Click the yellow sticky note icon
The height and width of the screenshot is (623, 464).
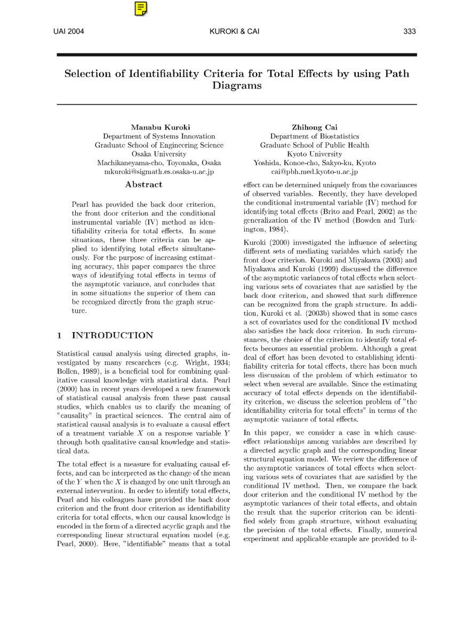click(x=141, y=9)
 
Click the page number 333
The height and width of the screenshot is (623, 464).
click(x=409, y=31)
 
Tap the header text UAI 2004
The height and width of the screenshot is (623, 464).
click(x=69, y=31)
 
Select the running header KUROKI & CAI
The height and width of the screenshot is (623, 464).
click(x=235, y=31)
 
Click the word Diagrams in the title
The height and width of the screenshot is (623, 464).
click(x=237, y=85)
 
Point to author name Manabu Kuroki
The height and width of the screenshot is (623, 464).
click(x=159, y=127)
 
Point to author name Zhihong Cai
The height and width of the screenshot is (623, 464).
click(x=314, y=127)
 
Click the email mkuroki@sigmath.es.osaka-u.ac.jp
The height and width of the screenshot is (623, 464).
click(x=159, y=172)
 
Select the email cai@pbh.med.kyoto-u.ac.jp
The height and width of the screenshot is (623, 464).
click(x=314, y=172)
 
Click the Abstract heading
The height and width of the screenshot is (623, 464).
click(x=143, y=184)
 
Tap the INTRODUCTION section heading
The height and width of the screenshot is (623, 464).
click(x=112, y=335)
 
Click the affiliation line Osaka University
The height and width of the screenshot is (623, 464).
click(x=159, y=154)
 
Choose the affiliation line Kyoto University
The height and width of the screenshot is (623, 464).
click(x=314, y=154)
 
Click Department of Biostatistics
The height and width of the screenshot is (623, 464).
click(x=314, y=136)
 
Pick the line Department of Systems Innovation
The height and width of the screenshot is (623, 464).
click(x=159, y=136)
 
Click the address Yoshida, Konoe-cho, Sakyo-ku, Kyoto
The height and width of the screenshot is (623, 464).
click(x=314, y=163)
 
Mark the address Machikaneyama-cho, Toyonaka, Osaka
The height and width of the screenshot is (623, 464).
click(x=159, y=163)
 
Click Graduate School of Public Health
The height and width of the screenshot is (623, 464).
click(x=314, y=145)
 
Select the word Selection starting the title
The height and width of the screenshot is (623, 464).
click(x=87, y=74)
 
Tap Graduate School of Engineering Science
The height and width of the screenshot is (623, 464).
click(x=159, y=145)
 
